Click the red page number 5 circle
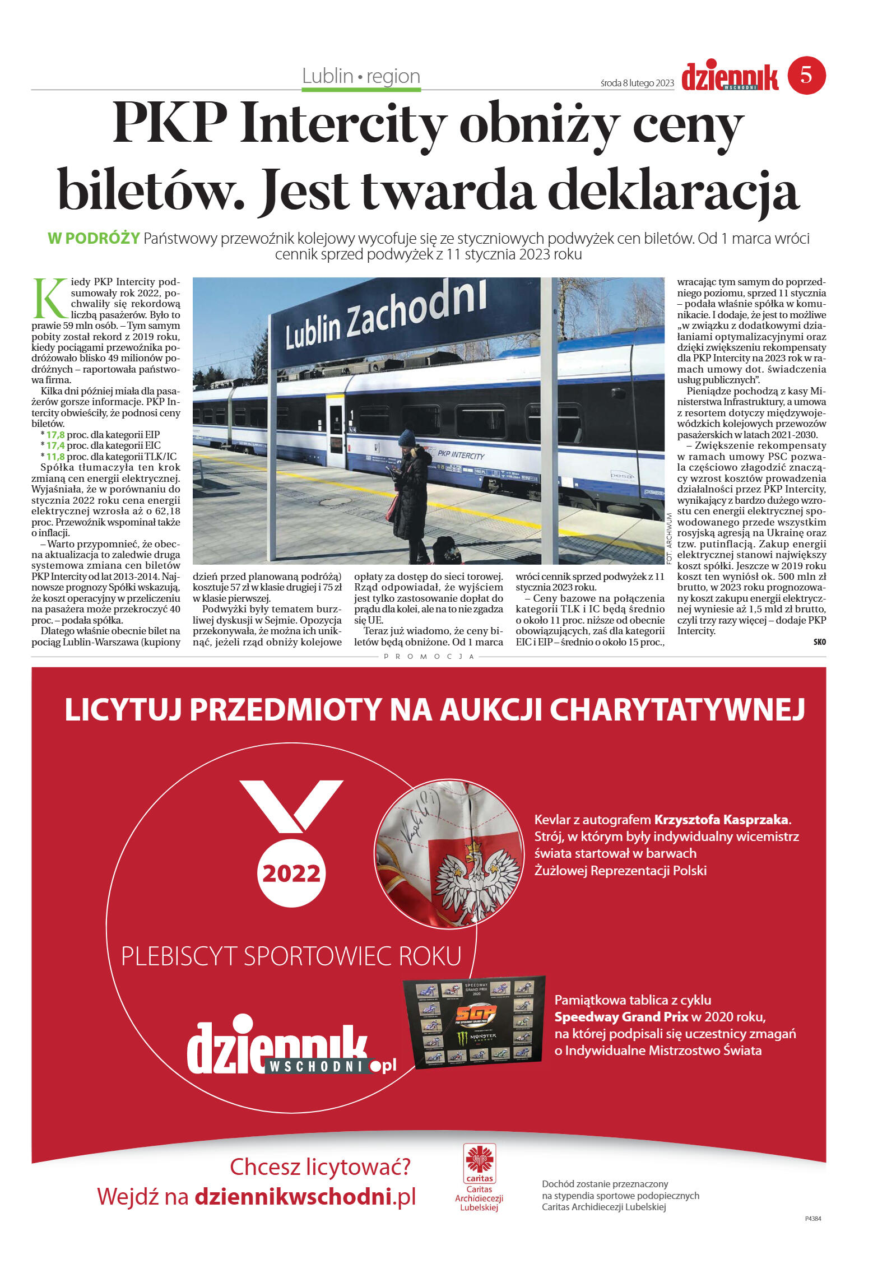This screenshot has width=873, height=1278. tap(806, 75)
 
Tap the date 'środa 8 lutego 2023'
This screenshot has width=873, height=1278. tap(637, 83)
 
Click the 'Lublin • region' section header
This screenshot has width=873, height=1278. tap(361, 76)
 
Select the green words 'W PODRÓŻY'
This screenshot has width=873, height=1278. tap(94, 238)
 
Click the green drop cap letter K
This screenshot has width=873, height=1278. tap(50, 298)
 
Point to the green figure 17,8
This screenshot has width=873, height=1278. tap(55, 435)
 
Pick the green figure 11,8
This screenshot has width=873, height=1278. tap(55, 457)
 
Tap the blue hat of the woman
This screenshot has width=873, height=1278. tap(407, 437)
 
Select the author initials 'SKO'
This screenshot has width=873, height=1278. tap(819, 642)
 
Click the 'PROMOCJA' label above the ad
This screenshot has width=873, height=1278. tap(429, 656)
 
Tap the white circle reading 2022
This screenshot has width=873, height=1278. tap(291, 873)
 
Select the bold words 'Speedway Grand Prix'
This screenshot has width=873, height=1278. tap(621, 1016)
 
